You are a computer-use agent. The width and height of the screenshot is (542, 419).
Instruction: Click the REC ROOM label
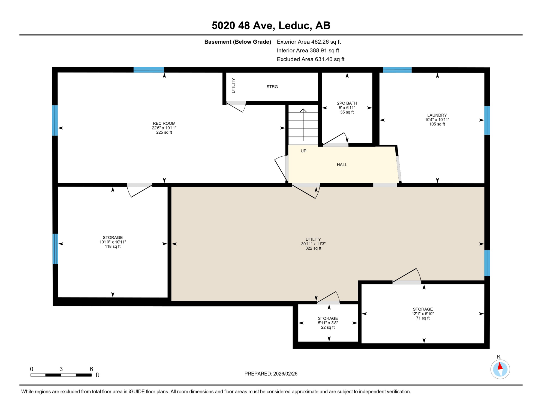164,124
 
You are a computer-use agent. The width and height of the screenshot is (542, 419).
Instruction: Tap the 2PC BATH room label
347,103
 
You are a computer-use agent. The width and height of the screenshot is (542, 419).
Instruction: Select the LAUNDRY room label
437,115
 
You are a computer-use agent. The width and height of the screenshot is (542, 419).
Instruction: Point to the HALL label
342,165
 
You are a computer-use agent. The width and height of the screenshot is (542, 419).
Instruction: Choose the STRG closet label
272,87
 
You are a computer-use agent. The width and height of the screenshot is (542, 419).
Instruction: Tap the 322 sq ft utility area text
313,249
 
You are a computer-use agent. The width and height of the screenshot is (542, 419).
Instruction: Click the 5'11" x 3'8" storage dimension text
328,323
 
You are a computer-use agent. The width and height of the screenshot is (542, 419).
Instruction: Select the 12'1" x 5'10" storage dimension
423,314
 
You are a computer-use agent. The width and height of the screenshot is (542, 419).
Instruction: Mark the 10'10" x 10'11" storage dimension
113,242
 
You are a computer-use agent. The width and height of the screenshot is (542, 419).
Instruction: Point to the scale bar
61,375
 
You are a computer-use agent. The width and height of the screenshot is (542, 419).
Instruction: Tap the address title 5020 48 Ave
271,25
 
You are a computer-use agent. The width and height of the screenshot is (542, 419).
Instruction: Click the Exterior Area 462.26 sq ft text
309,42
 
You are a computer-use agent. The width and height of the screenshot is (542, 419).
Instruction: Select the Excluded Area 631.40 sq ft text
311,59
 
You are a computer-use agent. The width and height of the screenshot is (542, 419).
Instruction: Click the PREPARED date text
271,374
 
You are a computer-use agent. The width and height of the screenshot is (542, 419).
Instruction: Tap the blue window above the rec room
149,70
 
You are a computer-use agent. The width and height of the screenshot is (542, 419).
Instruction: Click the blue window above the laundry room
397,70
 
